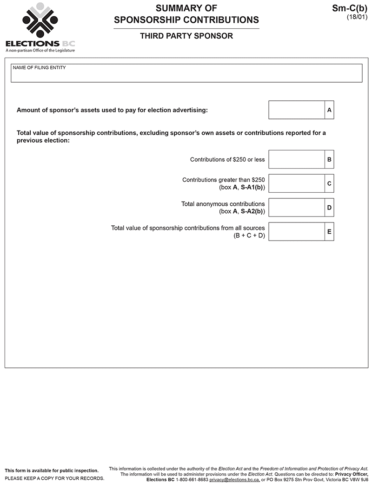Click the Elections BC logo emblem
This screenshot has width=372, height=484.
[40, 21]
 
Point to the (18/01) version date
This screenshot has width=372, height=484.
[357, 17]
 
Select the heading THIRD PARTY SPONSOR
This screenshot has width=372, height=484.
[186, 36]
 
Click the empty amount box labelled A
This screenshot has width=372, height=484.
[297, 110]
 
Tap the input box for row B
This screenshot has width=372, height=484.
[297, 159]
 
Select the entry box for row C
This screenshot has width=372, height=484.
[297, 183]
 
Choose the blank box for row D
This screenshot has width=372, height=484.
[297, 208]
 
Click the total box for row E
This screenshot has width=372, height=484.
[297, 231]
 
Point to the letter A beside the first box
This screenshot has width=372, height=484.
[329, 110]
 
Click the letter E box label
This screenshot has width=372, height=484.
[329, 231]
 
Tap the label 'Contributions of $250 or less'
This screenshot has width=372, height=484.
[227, 160]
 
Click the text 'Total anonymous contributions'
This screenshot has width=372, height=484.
[223, 204]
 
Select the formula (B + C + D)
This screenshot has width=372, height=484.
[249, 235]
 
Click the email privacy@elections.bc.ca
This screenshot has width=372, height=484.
[234, 479]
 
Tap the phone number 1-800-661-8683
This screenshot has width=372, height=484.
[192, 479]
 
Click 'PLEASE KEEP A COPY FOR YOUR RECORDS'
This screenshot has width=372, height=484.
[54, 478]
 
